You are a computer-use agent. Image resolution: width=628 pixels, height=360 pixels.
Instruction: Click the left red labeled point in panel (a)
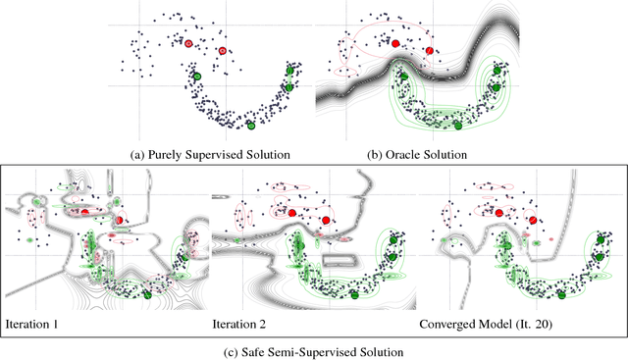[188, 43]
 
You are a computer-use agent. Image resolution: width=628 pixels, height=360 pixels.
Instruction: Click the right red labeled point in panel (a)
[223, 51]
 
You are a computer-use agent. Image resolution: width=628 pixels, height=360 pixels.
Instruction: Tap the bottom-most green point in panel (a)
[250, 125]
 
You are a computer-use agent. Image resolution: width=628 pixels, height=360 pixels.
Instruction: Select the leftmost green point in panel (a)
[195, 76]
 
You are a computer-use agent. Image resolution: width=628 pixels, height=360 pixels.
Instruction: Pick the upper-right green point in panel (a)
[290, 71]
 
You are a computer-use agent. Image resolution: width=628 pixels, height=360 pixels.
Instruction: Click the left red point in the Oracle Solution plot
[395, 43]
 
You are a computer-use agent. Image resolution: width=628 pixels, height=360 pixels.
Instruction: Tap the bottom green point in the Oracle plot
[457, 125]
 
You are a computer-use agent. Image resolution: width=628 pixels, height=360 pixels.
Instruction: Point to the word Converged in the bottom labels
[450, 323]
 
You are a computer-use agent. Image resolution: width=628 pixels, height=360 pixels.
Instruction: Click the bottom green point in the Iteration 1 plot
[148, 293]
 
